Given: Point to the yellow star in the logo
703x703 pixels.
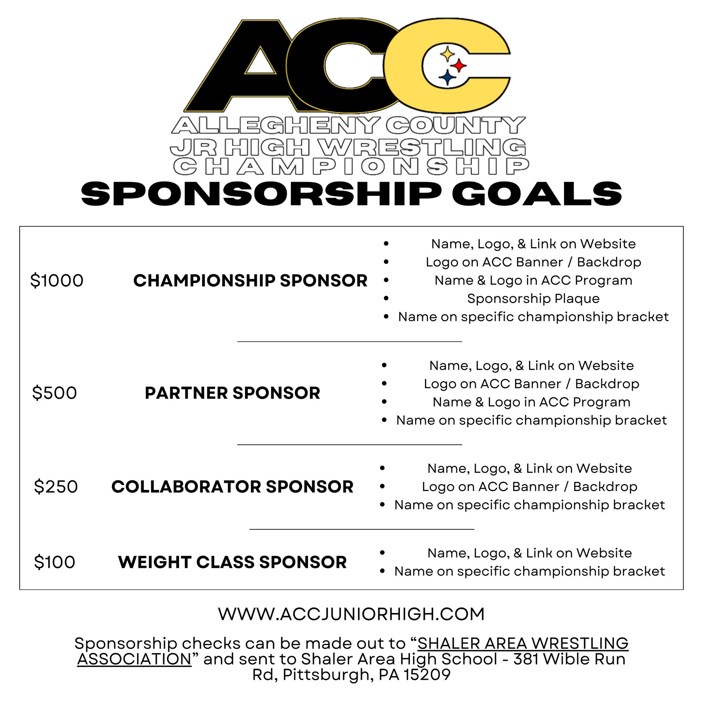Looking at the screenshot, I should tap(447, 54).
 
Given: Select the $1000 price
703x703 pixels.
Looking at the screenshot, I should tap(57, 281).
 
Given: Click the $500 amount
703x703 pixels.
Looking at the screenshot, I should tap(54, 393).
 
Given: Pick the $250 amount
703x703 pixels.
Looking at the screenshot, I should tap(56, 487).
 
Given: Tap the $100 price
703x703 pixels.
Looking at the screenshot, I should tap(54, 562).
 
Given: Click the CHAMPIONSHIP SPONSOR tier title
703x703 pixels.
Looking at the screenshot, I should tap(250, 281).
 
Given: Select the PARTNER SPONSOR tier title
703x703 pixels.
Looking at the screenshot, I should tap(233, 393).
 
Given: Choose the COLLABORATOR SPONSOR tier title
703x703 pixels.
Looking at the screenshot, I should tap(233, 487).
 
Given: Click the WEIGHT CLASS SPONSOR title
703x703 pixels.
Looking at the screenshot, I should tap(233, 562).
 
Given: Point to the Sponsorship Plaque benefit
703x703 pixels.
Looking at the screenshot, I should tap(533, 299).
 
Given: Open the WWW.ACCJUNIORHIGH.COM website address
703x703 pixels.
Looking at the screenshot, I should tap(351, 614).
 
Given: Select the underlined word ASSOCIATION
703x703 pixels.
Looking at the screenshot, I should tap(134, 659).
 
